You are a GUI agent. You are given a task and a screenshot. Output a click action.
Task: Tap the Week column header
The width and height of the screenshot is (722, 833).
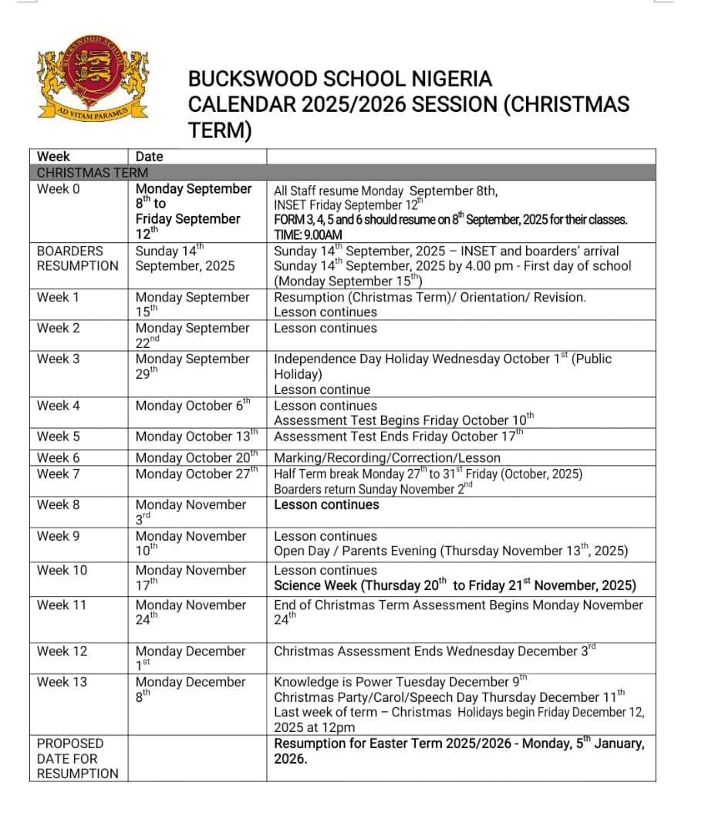[x=53, y=157]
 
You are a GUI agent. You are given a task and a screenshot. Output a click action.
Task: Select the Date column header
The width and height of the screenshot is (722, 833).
[x=149, y=157]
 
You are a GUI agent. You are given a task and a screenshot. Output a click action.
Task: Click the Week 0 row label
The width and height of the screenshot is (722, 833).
[x=58, y=189]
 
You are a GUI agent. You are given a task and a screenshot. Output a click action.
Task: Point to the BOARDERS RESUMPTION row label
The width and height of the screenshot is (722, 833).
[x=76, y=258]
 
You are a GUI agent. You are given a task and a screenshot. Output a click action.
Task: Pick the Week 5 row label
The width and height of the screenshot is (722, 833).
[x=58, y=437]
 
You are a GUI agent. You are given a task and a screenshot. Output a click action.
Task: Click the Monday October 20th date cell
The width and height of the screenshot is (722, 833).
[x=196, y=457]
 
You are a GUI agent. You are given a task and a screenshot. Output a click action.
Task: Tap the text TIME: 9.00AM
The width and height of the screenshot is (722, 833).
[x=308, y=235]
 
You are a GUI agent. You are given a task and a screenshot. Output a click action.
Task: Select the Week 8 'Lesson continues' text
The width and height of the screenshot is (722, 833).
[x=326, y=505]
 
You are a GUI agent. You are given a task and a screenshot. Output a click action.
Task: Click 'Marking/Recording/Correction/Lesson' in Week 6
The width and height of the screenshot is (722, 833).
[x=387, y=458]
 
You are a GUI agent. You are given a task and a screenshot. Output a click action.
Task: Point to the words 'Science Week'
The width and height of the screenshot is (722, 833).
[x=316, y=585]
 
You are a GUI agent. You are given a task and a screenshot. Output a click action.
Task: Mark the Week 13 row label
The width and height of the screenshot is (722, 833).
[x=62, y=682]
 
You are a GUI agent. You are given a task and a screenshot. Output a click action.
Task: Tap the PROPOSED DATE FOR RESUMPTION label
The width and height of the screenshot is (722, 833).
[x=76, y=758]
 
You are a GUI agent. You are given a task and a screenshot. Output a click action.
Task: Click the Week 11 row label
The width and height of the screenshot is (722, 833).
[x=62, y=605]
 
